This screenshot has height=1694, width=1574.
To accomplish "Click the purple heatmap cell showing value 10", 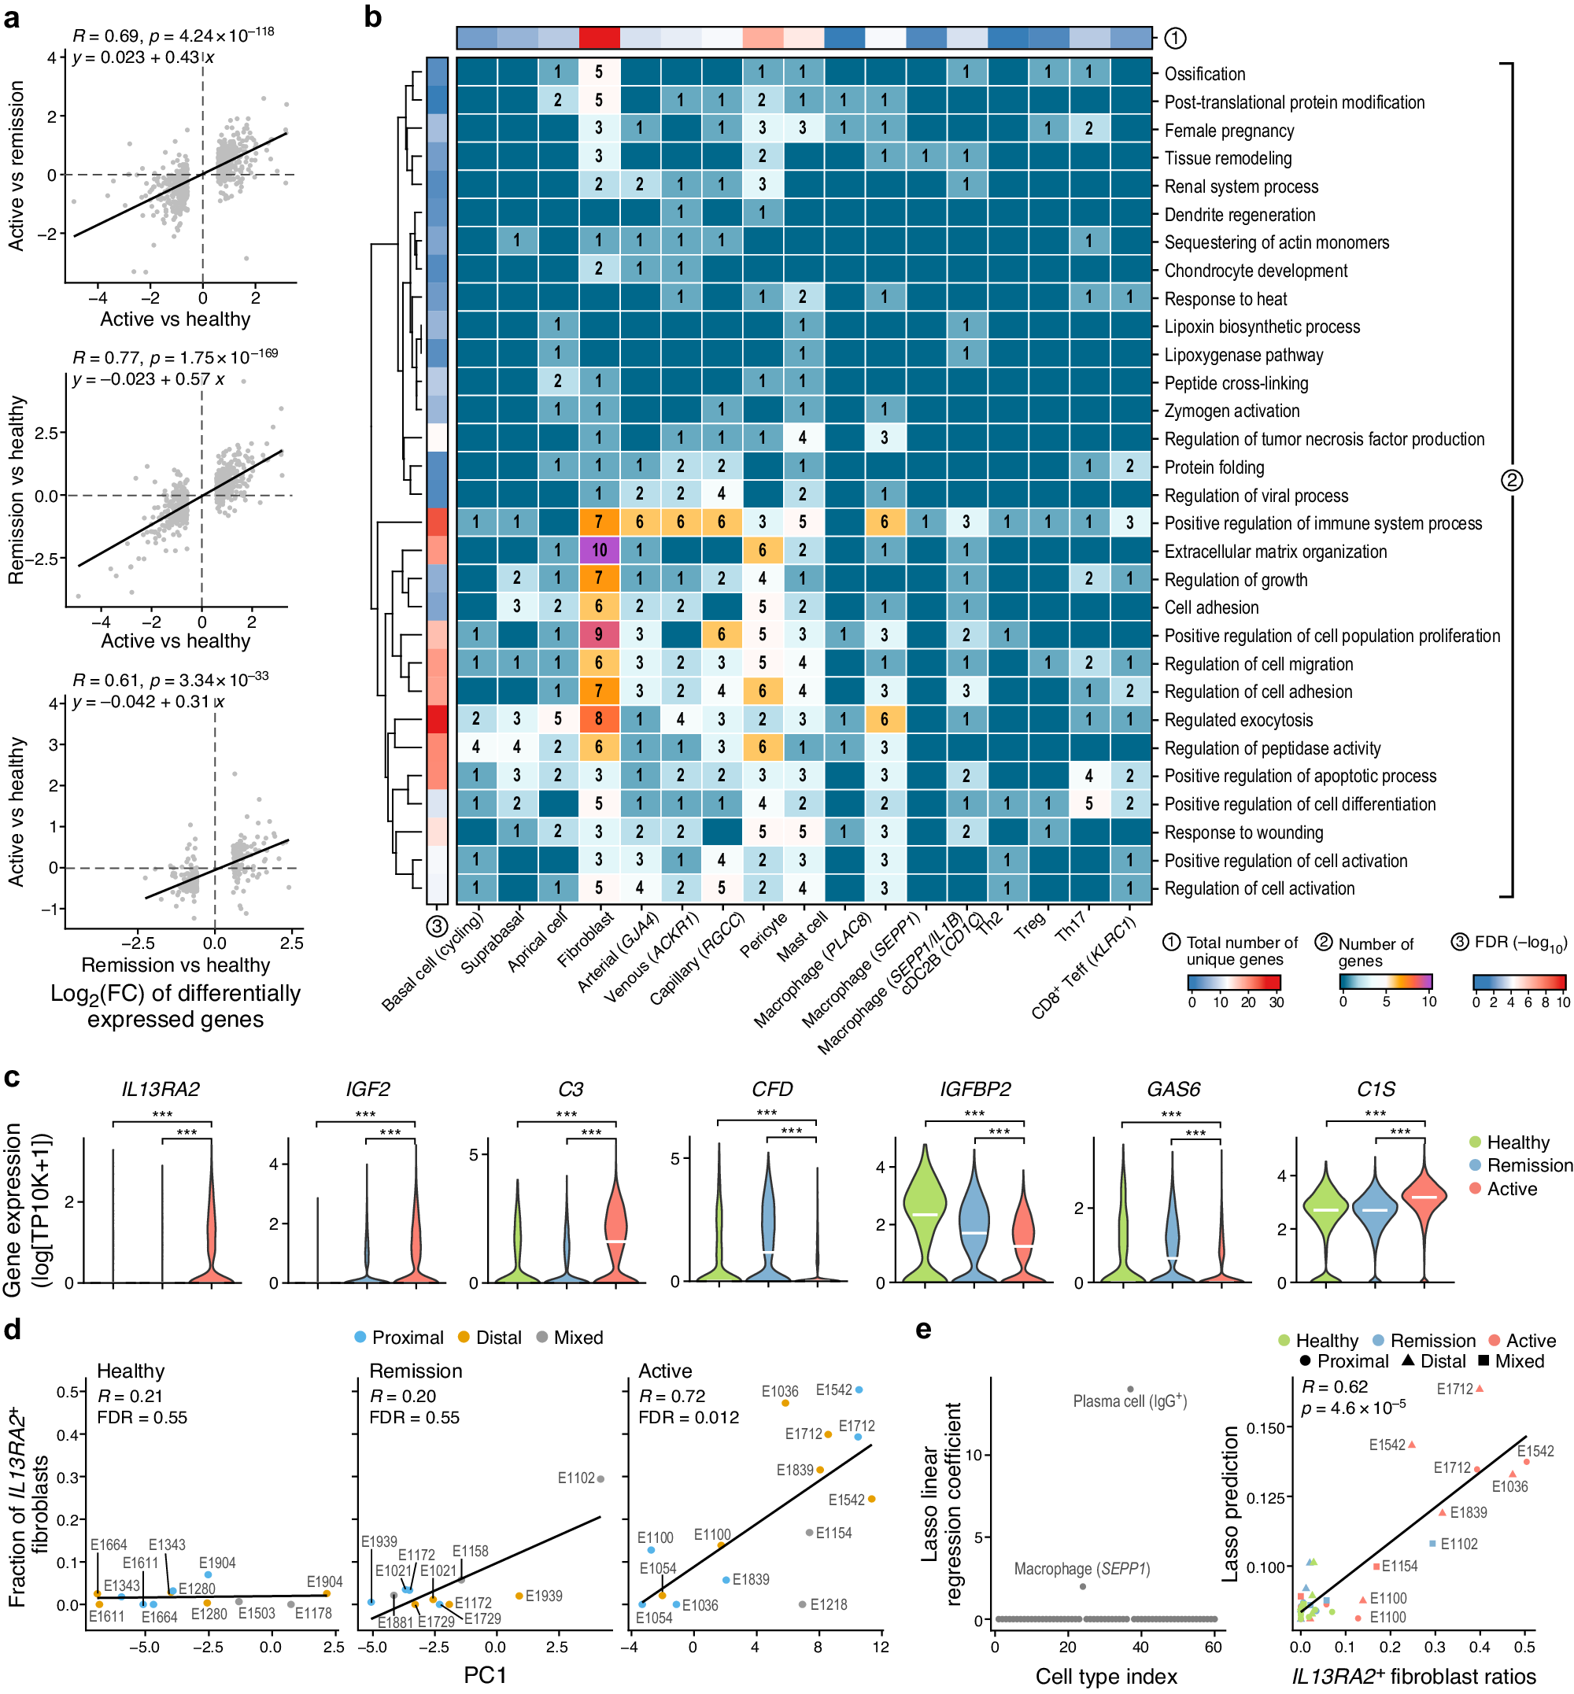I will pyautogui.click(x=599, y=550).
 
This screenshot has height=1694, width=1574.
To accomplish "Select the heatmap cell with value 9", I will pyautogui.click(x=599, y=634).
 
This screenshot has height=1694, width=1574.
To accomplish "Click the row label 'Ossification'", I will pyautogui.click(x=1204, y=74).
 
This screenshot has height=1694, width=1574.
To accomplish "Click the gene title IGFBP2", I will pyautogui.click(x=974, y=1089).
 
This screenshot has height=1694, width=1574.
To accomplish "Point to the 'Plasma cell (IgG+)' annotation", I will pyautogui.click(x=1129, y=1401).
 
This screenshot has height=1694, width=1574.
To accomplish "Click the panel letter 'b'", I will pyautogui.click(x=373, y=17).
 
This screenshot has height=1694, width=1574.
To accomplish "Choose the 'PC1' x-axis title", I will pyautogui.click(x=485, y=1675).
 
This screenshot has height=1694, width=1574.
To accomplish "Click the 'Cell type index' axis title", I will pyautogui.click(x=1106, y=1676).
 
